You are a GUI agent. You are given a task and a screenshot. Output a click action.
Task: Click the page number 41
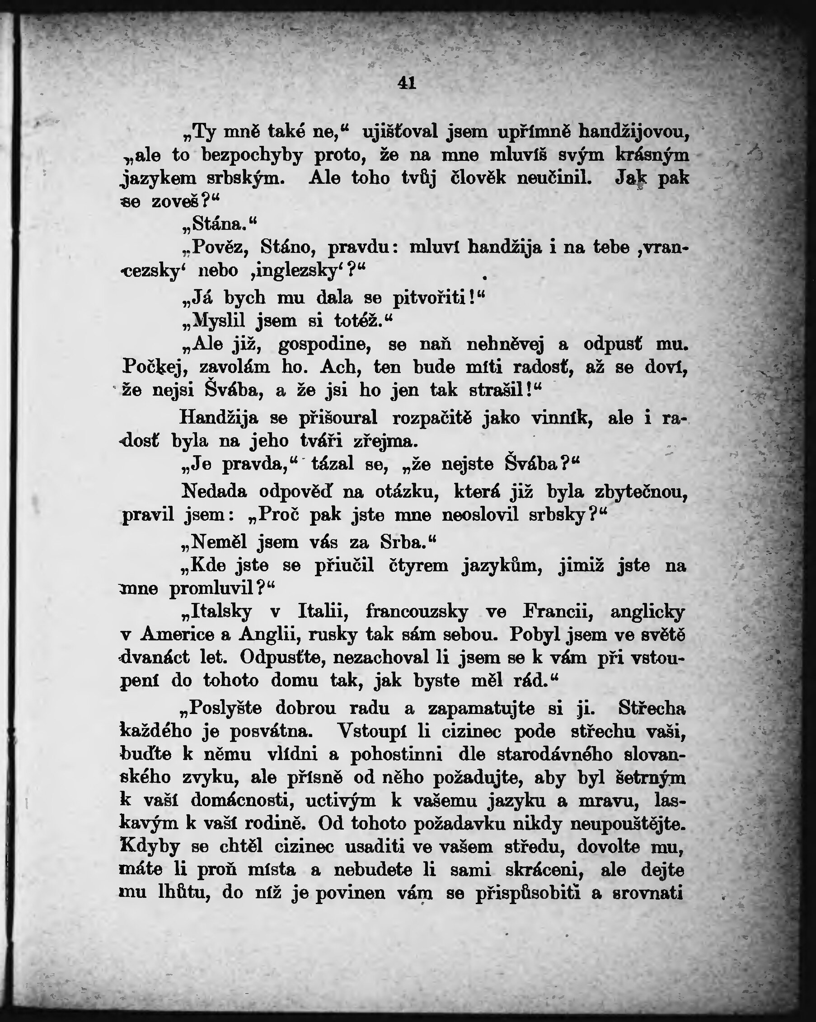(407, 84)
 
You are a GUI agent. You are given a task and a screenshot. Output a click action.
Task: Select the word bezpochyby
(252, 155)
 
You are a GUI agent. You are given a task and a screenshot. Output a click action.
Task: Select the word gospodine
(325, 344)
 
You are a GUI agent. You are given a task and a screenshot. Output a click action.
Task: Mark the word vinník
(562, 418)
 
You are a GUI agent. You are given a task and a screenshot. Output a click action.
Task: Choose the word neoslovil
(480, 515)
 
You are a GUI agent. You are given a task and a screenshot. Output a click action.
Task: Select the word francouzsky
(417, 611)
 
